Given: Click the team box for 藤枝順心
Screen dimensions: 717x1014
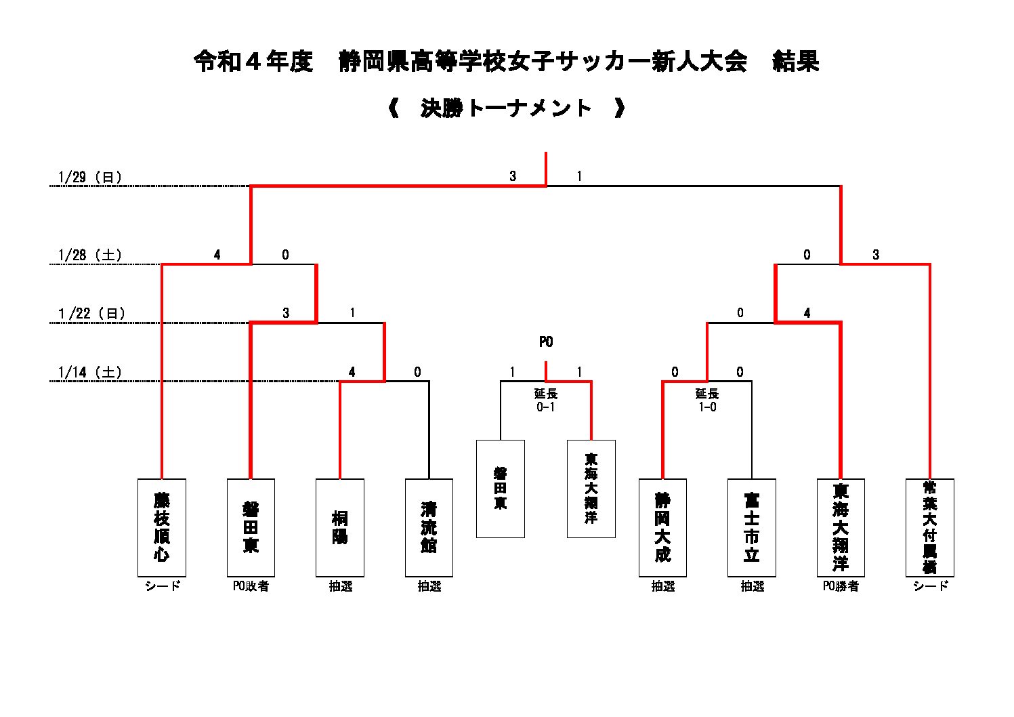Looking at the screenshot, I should click(161, 527).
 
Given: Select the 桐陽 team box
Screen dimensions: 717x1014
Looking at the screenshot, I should click(339, 527).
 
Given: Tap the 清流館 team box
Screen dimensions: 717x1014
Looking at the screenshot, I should click(429, 527).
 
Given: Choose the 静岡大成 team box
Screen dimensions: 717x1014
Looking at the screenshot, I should click(662, 527).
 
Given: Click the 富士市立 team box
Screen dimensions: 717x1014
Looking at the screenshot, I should click(751, 527).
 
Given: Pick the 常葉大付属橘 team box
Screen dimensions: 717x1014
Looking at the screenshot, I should click(929, 527).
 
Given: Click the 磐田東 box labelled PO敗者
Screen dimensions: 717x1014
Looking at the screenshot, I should click(251, 527).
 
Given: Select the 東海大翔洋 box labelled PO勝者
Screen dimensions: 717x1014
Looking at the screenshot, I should click(841, 527).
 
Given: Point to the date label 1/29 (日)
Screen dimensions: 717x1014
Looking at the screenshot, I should click(90, 178).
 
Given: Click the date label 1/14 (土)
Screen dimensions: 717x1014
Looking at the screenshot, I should click(90, 372).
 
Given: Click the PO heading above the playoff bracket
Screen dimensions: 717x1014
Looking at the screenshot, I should click(546, 342).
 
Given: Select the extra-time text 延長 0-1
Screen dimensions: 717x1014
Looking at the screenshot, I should click(546, 400).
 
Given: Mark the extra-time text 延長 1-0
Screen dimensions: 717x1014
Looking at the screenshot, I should click(707, 400).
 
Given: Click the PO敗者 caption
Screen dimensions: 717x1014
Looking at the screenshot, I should click(251, 586).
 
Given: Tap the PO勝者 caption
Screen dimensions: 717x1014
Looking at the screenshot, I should click(841, 586).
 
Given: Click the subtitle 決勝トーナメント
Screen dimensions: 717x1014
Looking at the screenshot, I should click(506, 108).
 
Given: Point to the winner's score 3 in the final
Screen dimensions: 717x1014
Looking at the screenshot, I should click(513, 176).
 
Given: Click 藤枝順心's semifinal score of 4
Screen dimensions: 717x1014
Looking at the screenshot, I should click(217, 255).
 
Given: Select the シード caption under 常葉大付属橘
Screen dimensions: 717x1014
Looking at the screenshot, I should click(930, 586).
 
